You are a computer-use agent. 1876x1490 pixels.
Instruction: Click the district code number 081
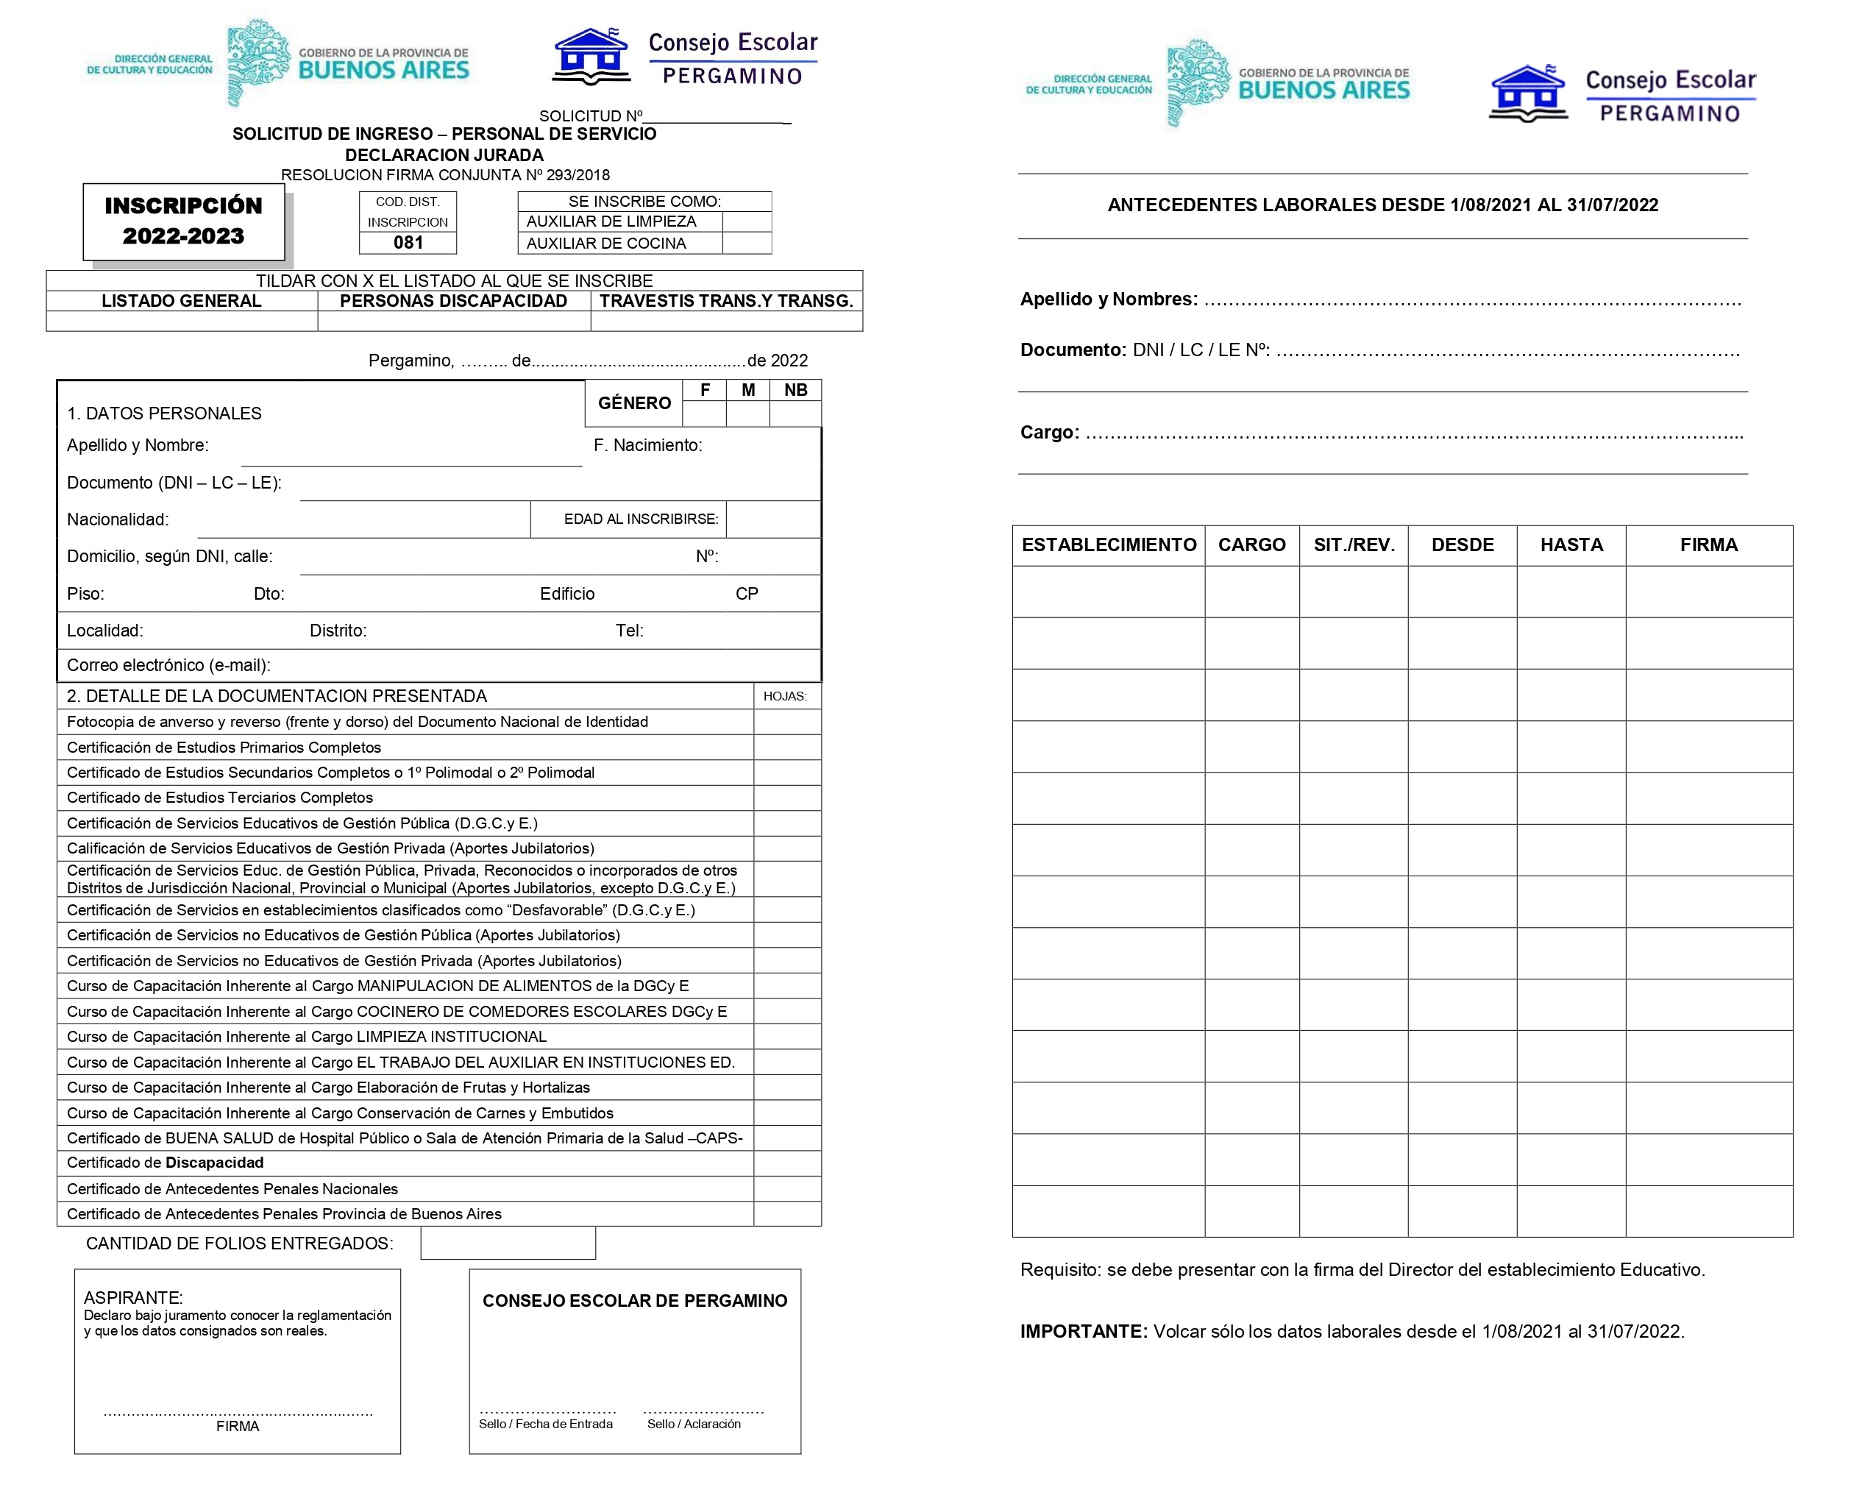(x=408, y=243)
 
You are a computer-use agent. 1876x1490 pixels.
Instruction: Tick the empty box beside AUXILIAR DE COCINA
(x=747, y=244)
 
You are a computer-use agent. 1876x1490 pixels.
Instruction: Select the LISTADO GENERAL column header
(x=181, y=301)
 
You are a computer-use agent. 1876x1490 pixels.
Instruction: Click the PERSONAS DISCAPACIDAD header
(x=453, y=301)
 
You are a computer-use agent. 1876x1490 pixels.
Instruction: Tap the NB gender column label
(x=795, y=391)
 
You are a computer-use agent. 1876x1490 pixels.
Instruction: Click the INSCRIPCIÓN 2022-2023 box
(x=184, y=221)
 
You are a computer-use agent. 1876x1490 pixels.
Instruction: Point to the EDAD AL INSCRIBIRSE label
(x=641, y=519)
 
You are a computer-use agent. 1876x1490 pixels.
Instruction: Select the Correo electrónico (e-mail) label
(x=168, y=666)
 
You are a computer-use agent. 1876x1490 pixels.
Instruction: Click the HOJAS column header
(x=785, y=696)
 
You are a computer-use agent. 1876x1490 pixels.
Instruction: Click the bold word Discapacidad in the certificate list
(x=215, y=1163)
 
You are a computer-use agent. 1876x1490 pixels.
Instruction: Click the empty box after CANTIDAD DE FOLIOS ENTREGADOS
(x=508, y=1243)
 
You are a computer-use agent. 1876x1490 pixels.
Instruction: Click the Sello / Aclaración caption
(x=694, y=1424)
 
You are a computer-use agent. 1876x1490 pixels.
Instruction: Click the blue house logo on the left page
(x=591, y=57)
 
